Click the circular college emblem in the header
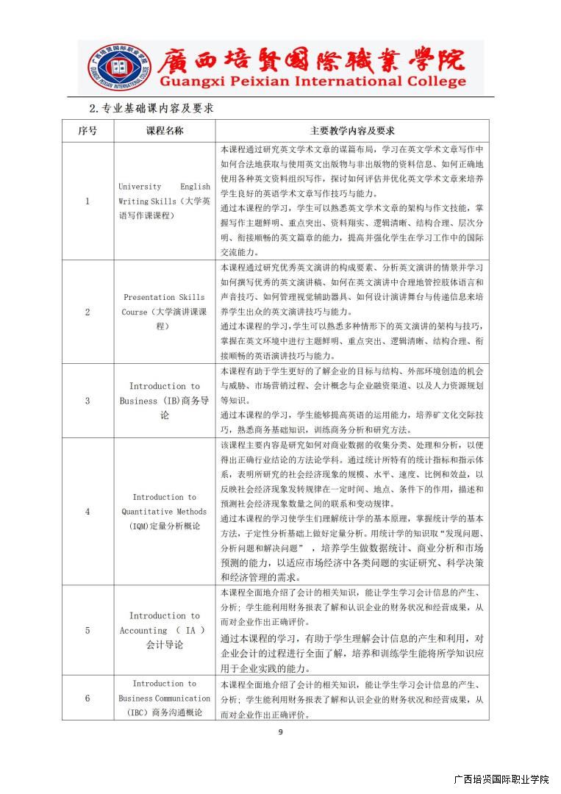coord(118,67)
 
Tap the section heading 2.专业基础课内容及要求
coord(151,108)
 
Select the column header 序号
coord(87,131)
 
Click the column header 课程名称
coord(165,131)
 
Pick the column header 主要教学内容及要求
coord(352,131)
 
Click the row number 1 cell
coord(87,201)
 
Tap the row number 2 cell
coord(87,311)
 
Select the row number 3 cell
coord(87,401)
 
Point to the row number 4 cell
coord(87,511)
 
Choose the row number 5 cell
coord(87,630)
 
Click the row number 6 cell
coord(87,698)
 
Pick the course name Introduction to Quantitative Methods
coord(165,511)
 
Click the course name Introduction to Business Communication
coord(165,698)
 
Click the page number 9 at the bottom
coord(280,732)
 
